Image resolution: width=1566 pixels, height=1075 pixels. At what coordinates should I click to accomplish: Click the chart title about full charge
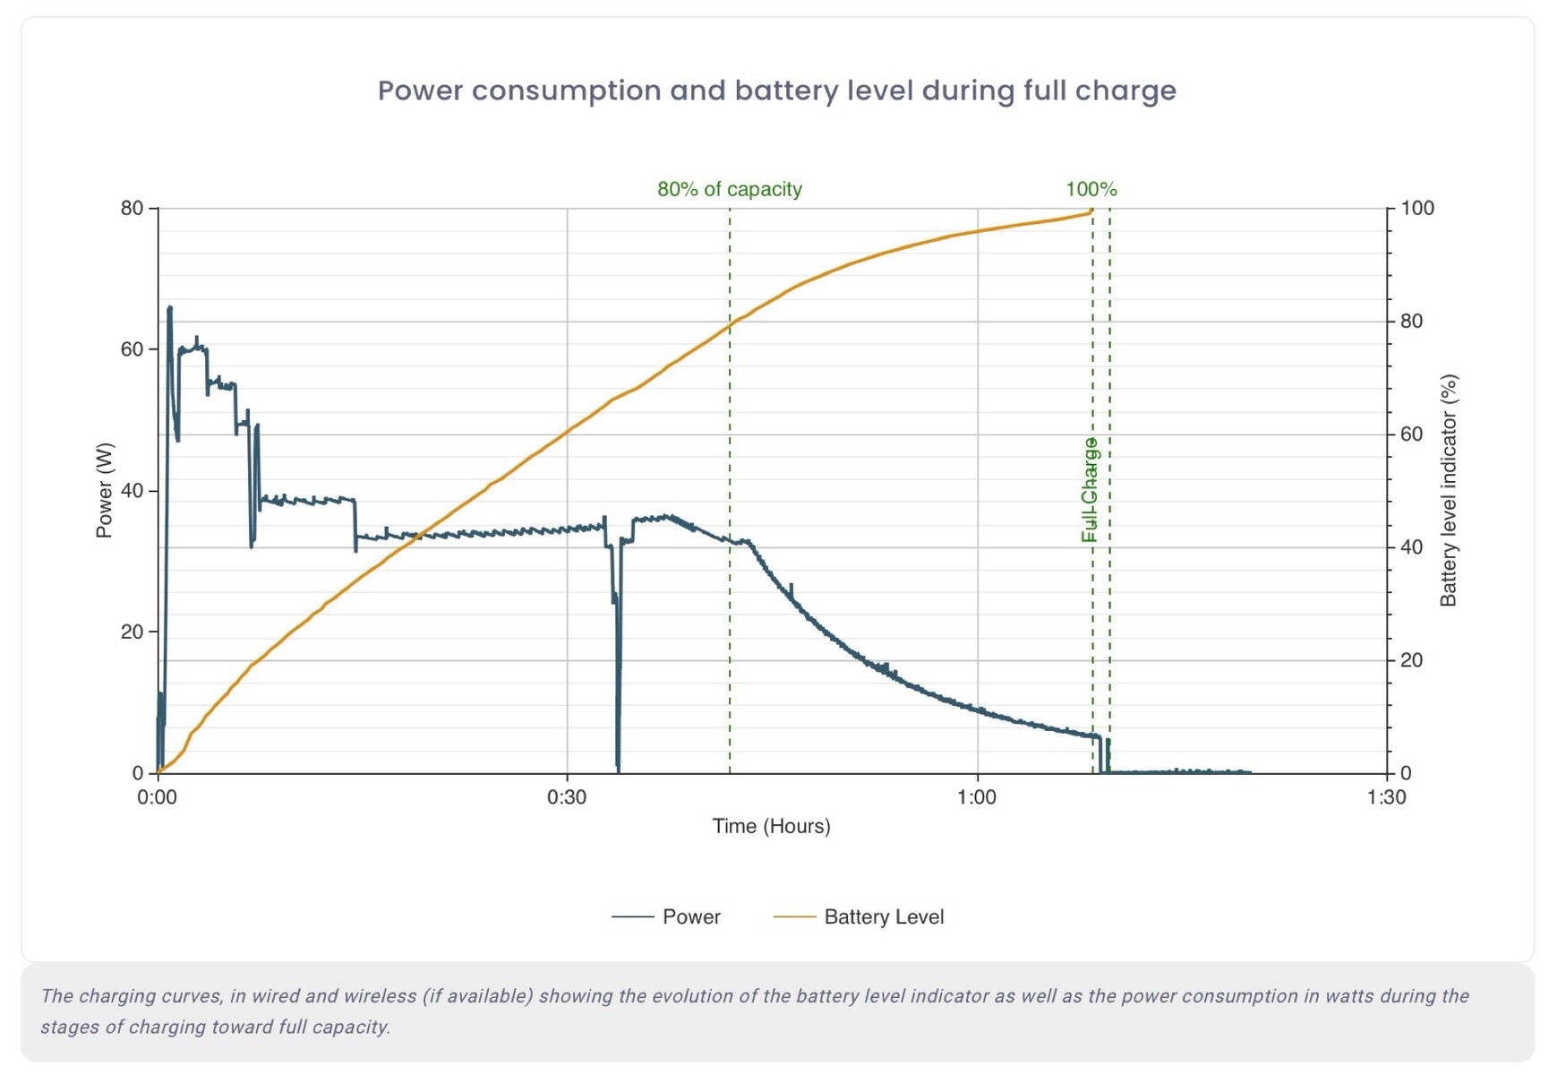tap(776, 90)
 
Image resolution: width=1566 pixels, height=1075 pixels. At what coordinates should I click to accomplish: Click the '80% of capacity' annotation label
tap(729, 189)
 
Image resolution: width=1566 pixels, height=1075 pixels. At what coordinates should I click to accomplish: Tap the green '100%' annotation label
tap(1091, 189)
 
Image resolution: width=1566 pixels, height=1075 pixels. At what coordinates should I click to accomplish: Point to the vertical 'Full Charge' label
tap(1089, 489)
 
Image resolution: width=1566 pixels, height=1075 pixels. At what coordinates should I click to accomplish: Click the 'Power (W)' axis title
tap(104, 490)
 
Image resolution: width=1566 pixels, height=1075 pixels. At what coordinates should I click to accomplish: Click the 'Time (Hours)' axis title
tap(771, 826)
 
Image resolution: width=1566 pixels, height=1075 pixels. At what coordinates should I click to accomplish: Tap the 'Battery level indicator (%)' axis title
tap(1448, 490)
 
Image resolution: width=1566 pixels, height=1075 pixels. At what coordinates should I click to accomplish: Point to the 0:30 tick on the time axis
tap(567, 797)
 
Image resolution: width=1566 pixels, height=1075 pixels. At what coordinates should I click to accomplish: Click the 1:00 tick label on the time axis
tap(976, 797)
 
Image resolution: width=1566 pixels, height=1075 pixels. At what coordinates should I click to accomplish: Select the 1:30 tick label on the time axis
tap(1386, 797)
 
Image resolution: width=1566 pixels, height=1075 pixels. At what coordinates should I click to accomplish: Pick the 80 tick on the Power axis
tap(132, 209)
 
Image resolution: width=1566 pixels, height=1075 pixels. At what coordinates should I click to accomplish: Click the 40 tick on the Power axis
tap(132, 491)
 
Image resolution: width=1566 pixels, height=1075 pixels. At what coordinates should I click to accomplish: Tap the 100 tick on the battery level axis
tap(1417, 209)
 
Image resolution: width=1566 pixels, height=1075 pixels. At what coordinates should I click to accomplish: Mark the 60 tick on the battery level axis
tap(1411, 434)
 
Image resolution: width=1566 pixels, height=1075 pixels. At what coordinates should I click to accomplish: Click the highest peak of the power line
tap(169, 308)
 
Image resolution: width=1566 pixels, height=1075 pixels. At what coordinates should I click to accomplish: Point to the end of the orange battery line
tap(1091, 211)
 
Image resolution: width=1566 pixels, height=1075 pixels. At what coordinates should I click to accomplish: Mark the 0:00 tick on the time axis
tap(158, 797)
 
